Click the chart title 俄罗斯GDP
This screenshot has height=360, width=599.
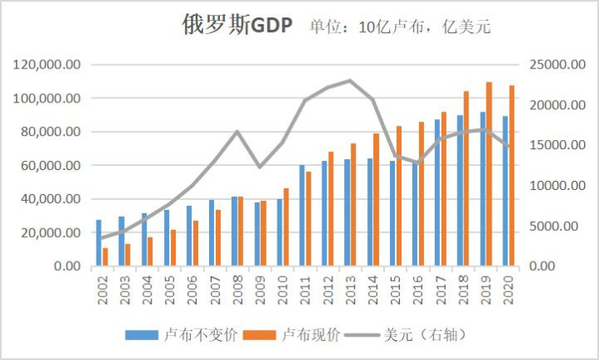click(x=237, y=26)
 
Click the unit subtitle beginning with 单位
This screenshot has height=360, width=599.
click(x=400, y=27)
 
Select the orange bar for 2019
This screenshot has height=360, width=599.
click(x=489, y=174)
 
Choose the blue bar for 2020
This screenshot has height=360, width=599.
click(x=505, y=191)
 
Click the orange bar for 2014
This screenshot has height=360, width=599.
click(x=377, y=199)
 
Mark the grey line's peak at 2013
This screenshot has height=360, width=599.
click(x=350, y=81)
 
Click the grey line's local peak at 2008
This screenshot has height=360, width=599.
click(x=237, y=132)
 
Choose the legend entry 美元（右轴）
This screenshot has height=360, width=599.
click(x=424, y=335)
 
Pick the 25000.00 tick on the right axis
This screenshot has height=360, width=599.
click(x=554, y=65)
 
